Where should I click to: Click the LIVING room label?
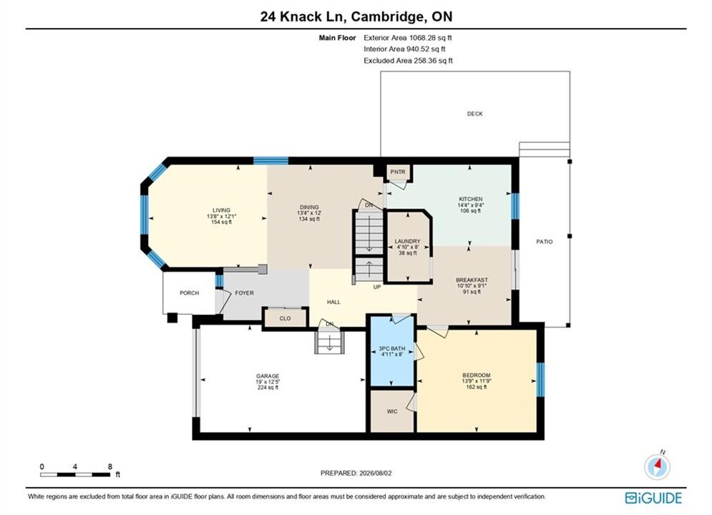pos(222,210)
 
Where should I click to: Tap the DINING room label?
pos(309,207)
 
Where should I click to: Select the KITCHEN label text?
pos(471,199)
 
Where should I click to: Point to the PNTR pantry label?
pos(398,172)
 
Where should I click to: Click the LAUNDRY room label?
pos(407,241)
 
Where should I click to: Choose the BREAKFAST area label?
pos(472,280)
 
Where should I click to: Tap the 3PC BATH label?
pos(392,348)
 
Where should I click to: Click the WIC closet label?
pos(392,411)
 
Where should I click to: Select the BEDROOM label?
pos(477,376)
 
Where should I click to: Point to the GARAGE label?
pos(268,376)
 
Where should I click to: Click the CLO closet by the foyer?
pos(286,318)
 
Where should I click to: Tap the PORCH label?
pos(190,293)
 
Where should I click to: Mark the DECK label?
pos(475,114)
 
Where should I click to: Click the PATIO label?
pos(545,242)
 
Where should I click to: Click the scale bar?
pos(75,475)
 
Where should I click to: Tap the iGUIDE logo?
pos(653,498)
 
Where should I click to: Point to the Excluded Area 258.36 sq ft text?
pos(408,60)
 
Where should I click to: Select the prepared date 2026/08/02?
pos(375,473)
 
